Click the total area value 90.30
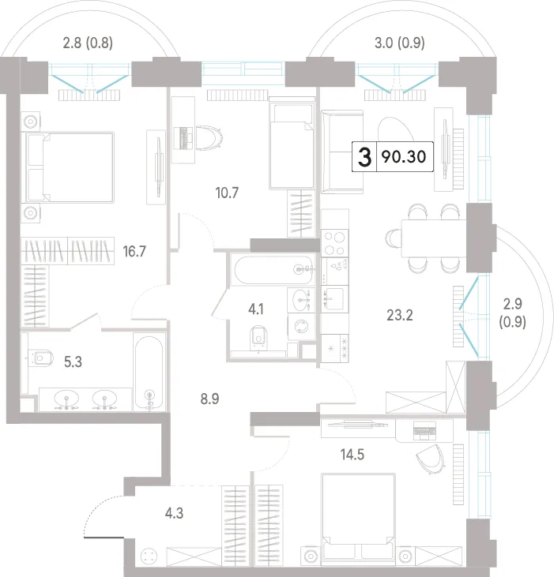coord(404,157)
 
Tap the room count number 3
coord(364,157)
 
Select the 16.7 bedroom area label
coord(134,252)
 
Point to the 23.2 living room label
coord(400,316)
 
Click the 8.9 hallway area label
coord(209,399)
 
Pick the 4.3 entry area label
coord(174,513)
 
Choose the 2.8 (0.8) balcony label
coord(88,43)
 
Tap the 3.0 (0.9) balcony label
coord(400,43)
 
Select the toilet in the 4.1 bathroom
coord(259,338)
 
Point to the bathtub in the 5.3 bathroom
coord(149,372)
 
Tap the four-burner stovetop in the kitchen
coord(334,243)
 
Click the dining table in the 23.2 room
coord(434,238)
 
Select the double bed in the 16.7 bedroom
coord(68,167)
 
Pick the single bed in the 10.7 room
coord(292,146)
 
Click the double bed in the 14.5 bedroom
coord(358,519)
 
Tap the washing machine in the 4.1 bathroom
coord(301,327)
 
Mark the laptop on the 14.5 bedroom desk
coord(424,431)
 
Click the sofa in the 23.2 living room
coord(342,152)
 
